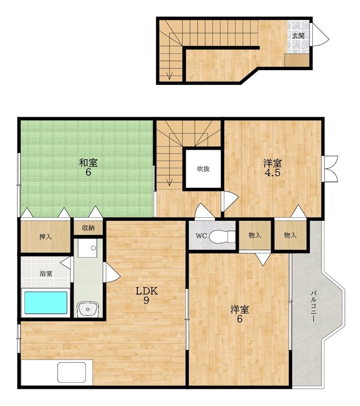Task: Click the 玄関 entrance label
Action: pyautogui.click(x=298, y=36)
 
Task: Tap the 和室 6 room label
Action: pyautogui.click(x=88, y=167)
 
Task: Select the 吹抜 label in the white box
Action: pyautogui.click(x=203, y=169)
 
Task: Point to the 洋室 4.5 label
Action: pyautogui.click(x=273, y=168)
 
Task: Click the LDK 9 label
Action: pyautogui.click(x=147, y=295)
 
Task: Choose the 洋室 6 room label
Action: pyautogui.click(x=240, y=314)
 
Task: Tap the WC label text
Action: pyautogui.click(x=201, y=236)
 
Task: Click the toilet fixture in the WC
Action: pyautogui.click(x=222, y=236)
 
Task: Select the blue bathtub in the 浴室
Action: pyautogui.click(x=46, y=302)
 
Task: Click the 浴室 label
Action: pyautogui.click(x=46, y=274)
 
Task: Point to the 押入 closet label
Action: pyautogui.click(x=46, y=236)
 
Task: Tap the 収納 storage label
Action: pyautogui.click(x=88, y=228)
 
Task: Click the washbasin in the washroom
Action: pyautogui.click(x=88, y=309)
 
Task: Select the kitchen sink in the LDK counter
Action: pyautogui.click(x=71, y=373)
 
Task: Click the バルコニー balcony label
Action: pyautogui.click(x=313, y=307)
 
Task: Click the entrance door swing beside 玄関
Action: pyautogui.click(x=320, y=35)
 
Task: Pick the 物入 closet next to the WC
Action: pyautogui.click(x=255, y=235)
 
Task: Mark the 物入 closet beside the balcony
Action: pyautogui.click(x=291, y=235)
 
